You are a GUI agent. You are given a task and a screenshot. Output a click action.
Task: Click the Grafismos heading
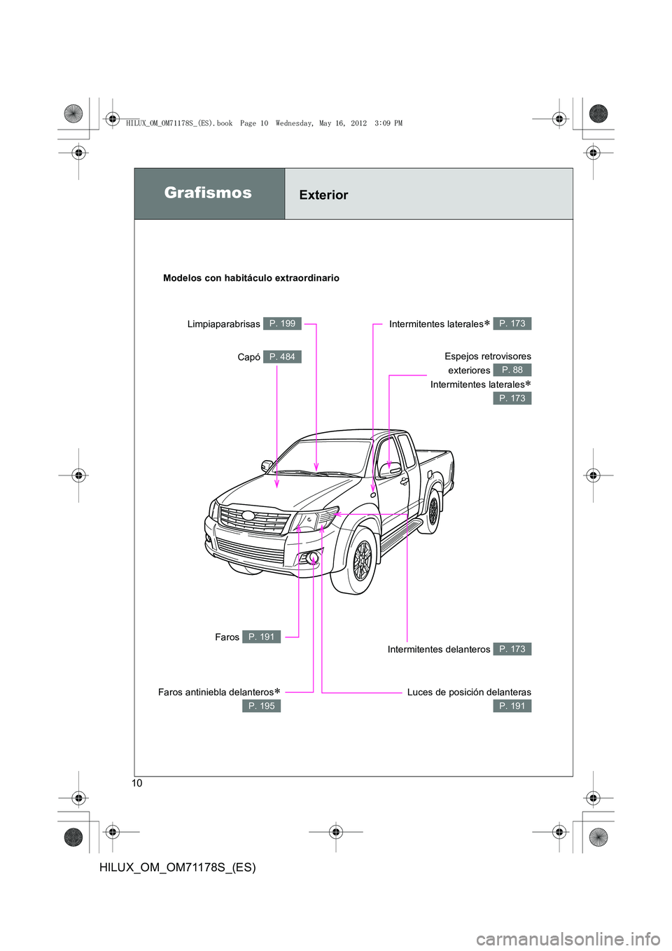[x=208, y=193]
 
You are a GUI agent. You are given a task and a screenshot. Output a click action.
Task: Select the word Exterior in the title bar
[x=323, y=195]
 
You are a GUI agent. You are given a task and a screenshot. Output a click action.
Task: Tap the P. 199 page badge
[x=282, y=324]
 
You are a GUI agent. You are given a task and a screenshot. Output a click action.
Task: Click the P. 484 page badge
[x=282, y=357]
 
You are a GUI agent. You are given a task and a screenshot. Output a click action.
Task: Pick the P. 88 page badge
[x=512, y=370]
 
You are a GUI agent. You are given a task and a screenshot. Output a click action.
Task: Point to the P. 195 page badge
[x=261, y=706]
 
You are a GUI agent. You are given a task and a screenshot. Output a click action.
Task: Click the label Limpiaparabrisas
[x=223, y=324]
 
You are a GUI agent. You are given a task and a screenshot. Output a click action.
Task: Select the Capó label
[x=248, y=357]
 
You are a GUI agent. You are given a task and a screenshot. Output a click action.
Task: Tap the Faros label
[x=227, y=637]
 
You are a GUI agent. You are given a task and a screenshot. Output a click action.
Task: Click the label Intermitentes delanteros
[x=439, y=649]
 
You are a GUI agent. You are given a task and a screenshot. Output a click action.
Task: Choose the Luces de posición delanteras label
[x=469, y=692]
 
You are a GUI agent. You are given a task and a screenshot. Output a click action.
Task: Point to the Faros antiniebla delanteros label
[x=216, y=692]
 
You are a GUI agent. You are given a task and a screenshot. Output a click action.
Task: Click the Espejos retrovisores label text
[x=487, y=356]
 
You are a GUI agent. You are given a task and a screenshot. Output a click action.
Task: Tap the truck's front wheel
[x=360, y=561]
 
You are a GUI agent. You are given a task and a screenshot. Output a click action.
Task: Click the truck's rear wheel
[x=433, y=511]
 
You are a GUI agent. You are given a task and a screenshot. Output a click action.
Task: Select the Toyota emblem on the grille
[x=248, y=516]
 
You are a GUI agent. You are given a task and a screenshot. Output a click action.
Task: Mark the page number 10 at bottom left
[x=137, y=783]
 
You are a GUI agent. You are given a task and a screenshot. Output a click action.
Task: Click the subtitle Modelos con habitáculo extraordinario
[x=251, y=278]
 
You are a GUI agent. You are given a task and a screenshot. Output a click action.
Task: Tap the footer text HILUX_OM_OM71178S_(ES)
[x=178, y=867]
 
